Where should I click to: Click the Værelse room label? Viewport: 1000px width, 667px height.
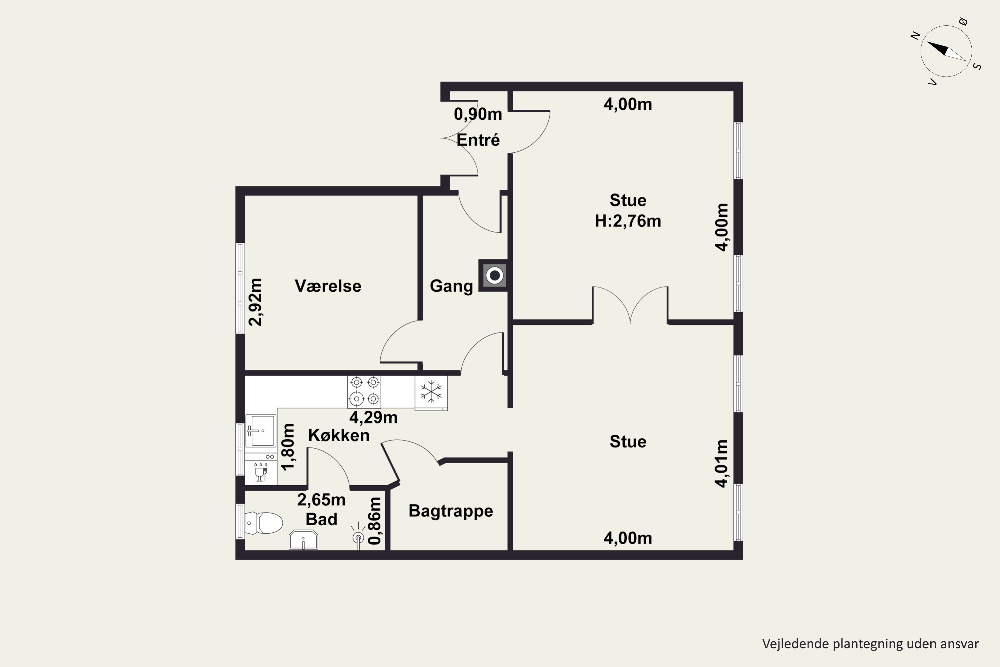click(x=328, y=286)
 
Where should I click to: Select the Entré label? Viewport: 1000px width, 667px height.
click(x=478, y=140)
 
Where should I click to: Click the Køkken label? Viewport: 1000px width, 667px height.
click(x=339, y=435)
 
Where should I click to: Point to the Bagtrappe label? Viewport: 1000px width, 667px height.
click(x=451, y=511)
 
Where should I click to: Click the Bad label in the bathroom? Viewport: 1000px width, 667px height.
click(x=321, y=519)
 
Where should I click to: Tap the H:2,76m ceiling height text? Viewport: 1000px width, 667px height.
click(x=628, y=221)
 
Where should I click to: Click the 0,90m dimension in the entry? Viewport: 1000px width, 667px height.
click(x=478, y=114)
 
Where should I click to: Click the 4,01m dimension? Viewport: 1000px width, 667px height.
click(x=722, y=463)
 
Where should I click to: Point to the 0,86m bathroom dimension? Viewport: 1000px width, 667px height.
click(x=375, y=521)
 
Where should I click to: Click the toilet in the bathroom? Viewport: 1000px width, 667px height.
click(x=264, y=523)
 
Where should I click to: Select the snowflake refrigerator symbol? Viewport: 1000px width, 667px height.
click(x=431, y=392)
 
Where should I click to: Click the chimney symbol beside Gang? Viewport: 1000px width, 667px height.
click(x=494, y=276)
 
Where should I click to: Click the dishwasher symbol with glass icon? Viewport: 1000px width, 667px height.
click(x=261, y=469)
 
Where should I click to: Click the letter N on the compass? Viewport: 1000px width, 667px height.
click(x=915, y=36)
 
